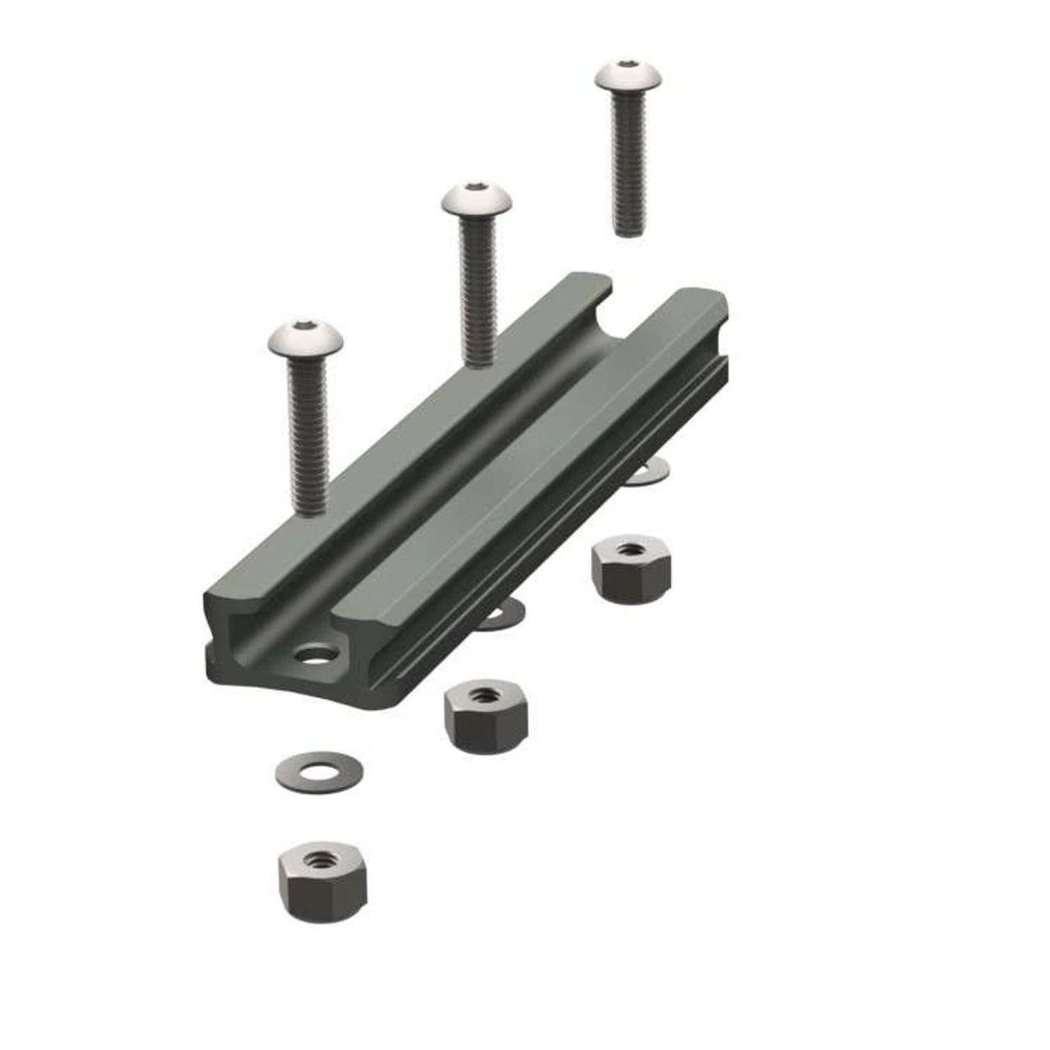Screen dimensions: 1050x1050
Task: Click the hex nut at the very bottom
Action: coord(322,880)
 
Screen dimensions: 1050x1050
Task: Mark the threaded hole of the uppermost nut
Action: coord(630,548)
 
